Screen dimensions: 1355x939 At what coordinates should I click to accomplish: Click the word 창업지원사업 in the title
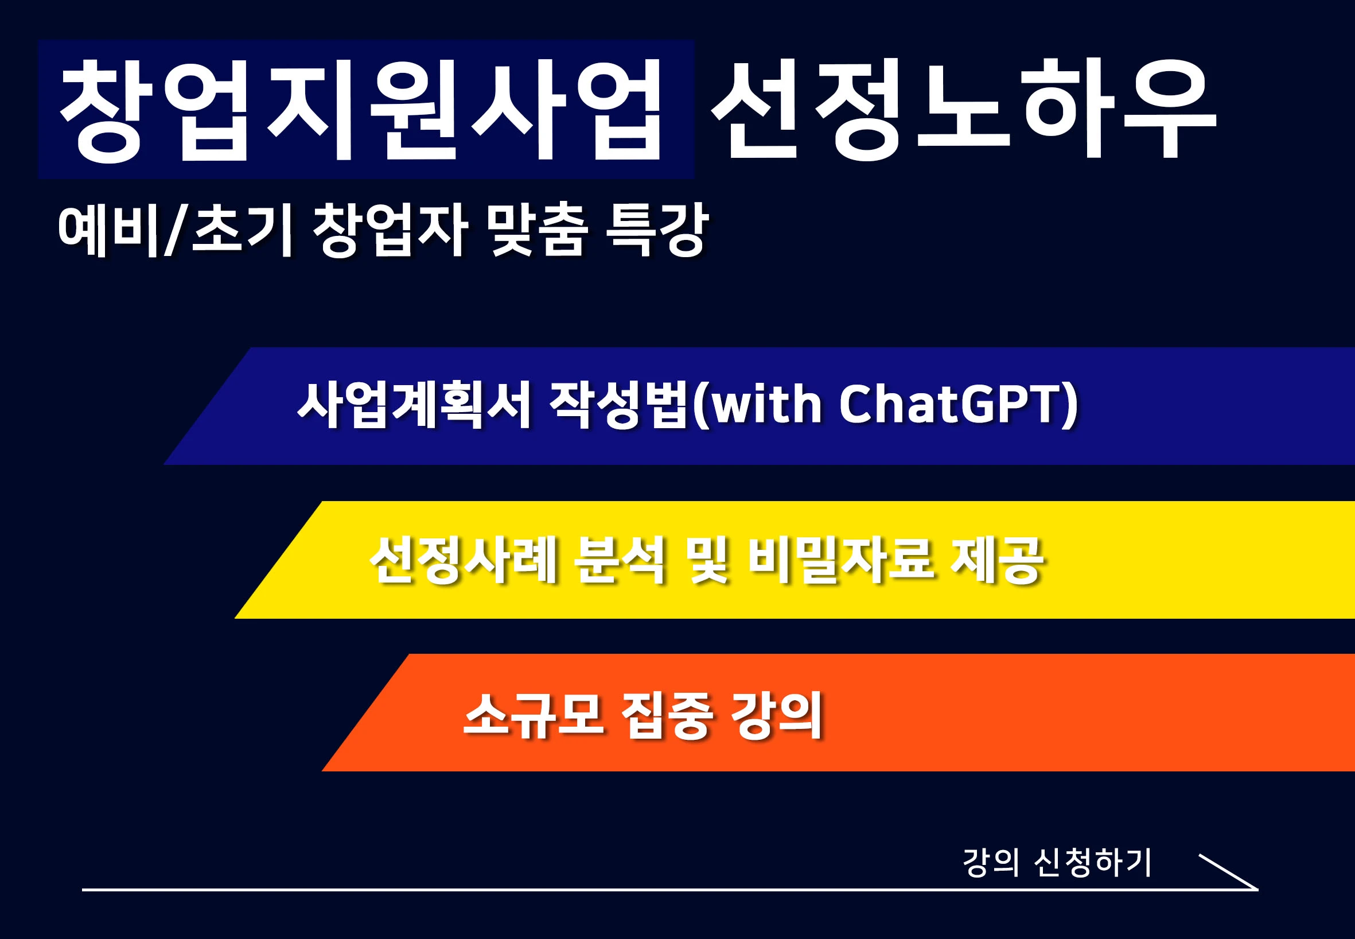pyautogui.click(x=360, y=111)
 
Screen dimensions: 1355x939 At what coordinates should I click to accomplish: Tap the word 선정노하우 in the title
pyautogui.click(x=964, y=111)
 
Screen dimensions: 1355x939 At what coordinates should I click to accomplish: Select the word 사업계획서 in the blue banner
pyautogui.click(x=415, y=404)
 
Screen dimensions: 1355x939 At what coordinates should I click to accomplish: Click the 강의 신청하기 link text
pyautogui.click(x=1057, y=863)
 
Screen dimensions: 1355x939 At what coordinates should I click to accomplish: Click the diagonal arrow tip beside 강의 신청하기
pyautogui.click(x=1258, y=890)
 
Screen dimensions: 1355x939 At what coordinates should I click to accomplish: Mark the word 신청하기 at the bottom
pyautogui.click(x=1092, y=863)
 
